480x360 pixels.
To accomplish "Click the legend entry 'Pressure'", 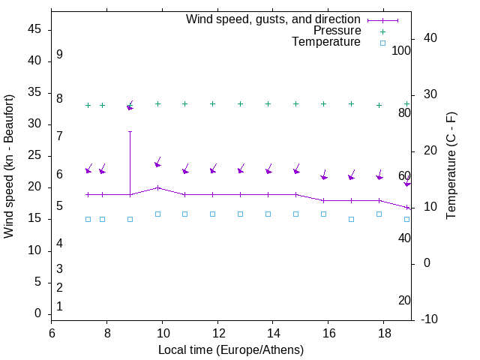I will (337, 31).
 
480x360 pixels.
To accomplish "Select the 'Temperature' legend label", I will (326, 42).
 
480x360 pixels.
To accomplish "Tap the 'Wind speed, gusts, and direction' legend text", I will (274, 19).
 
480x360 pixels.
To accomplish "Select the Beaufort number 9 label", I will (59, 55).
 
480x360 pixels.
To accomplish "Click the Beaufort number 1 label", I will (59, 306).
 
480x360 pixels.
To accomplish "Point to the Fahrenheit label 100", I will (401, 50).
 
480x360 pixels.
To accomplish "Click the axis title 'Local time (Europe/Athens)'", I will (231, 349).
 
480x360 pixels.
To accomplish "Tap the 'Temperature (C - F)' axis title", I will (451, 166).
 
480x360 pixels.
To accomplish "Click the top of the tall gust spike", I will (130, 131).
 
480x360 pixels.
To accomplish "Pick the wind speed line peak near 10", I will (157, 187).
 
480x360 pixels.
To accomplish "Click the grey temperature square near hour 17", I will (351, 219).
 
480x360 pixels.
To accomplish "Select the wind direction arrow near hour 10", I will (158, 163).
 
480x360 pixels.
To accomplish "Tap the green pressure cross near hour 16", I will (323, 103).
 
